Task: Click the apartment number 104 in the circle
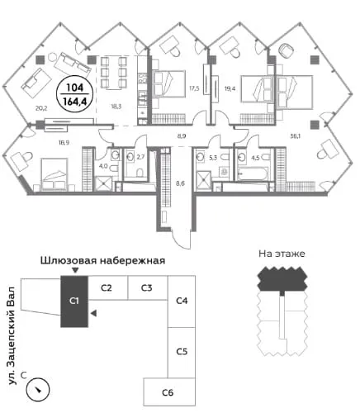75,88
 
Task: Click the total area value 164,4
75,102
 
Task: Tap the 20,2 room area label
41,108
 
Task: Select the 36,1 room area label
295,136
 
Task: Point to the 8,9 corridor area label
182,135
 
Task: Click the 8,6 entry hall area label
180,183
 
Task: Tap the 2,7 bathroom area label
140,158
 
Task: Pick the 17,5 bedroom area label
194,88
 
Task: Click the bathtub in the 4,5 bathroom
253,173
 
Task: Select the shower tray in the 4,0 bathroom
103,184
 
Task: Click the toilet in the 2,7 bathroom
140,173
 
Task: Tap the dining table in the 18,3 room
113,72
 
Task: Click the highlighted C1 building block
74,301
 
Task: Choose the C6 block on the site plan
169,392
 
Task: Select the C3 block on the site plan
148,287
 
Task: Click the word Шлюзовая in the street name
69,260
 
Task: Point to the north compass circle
38,390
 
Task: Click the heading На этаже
282,254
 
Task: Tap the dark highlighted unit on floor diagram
282,279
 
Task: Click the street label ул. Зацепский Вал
12,336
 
